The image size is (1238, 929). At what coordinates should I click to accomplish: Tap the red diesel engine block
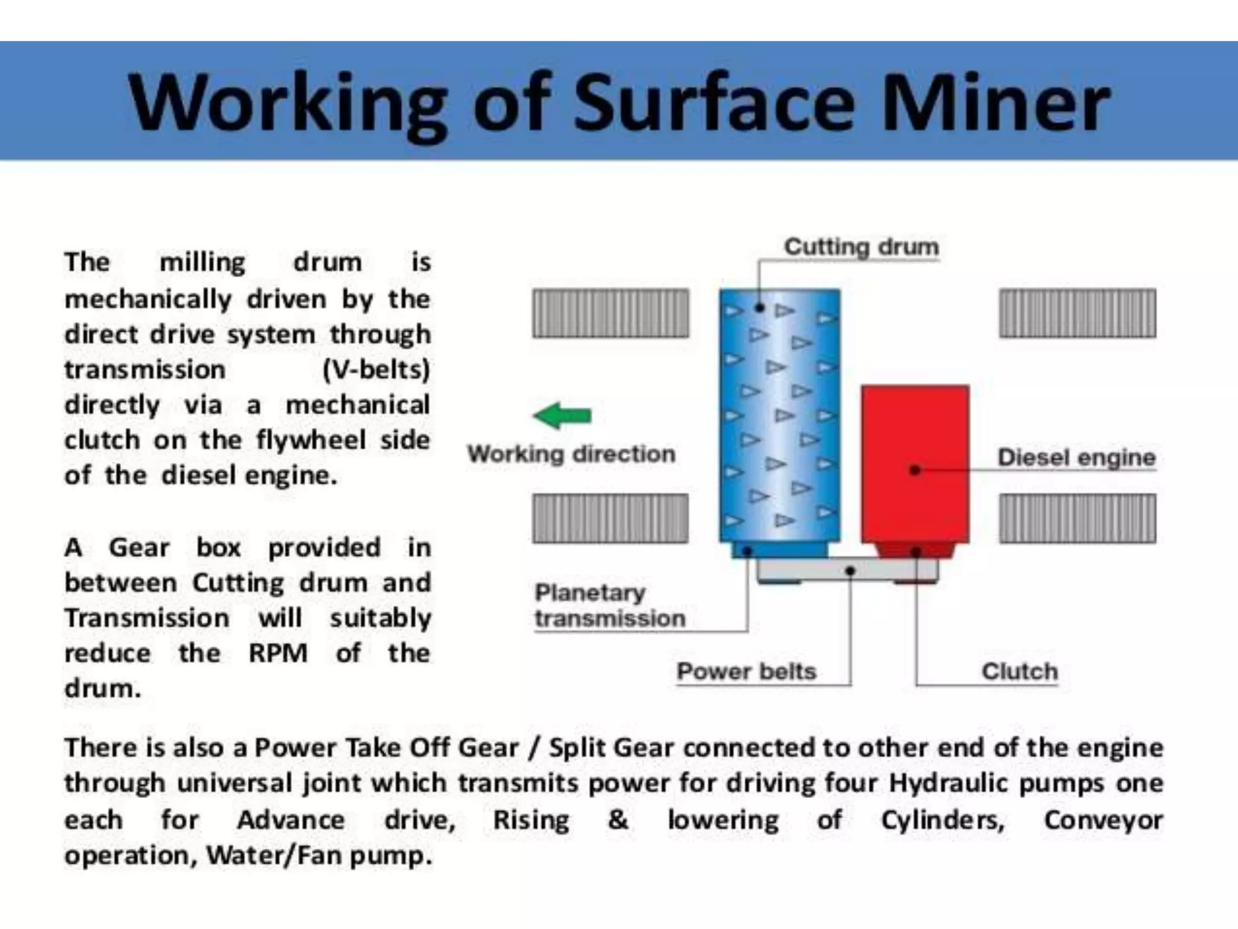[x=915, y=463]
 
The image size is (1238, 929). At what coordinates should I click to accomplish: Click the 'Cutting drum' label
[x=861, y=247]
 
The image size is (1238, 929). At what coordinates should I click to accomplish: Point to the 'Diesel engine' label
[x=1076, y=457]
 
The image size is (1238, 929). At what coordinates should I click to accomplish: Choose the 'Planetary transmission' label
[x=609, y=605]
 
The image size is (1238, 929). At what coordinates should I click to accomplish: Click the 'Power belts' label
[x=746, y=671]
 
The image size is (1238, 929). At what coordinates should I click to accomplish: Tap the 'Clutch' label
[x=1019, y=671]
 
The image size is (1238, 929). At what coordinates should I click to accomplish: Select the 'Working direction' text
[x=571, y=454]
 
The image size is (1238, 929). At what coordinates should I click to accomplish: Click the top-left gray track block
[x=611, y=313]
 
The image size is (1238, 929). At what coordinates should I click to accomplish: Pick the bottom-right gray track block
[x=1077, y=518]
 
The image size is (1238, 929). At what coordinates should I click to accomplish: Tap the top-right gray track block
[x=1077, y=313]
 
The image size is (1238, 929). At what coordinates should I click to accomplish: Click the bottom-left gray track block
[x=611, y=518]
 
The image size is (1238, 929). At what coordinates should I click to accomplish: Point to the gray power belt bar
[x=846, y=570]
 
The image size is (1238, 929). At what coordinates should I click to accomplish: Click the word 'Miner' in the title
[x=996, y=103]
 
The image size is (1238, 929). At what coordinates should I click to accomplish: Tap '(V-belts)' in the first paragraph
[x=376, y=370]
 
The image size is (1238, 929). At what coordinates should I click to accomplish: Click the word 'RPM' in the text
[x=278, y=653]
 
